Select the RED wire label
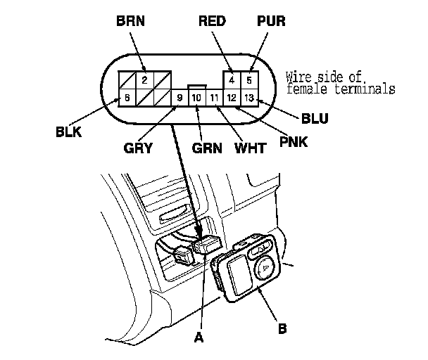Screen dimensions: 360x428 [213, 21]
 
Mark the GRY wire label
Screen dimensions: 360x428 [158, 149]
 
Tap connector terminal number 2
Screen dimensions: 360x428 [144, 79]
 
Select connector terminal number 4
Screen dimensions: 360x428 [232, 79]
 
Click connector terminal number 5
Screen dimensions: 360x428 [249, 79]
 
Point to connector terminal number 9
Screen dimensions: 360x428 [180, 97]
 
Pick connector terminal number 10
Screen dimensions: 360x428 [196, 97]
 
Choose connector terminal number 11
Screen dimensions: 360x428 [214, 97]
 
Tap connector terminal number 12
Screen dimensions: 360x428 [232, 97]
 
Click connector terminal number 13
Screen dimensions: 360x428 [249, 97]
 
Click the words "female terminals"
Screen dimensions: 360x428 [340, 89]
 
